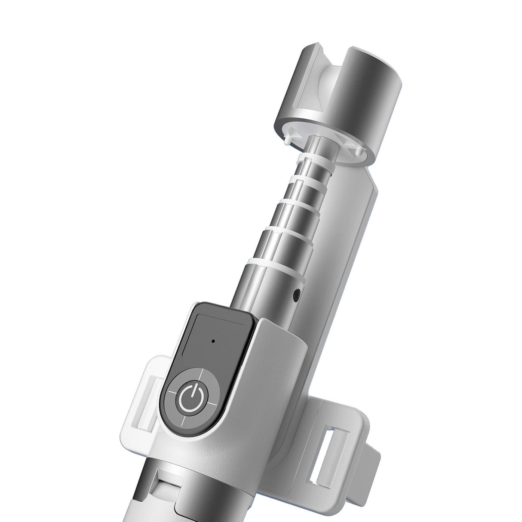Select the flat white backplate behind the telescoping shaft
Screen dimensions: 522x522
point(344,241)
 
